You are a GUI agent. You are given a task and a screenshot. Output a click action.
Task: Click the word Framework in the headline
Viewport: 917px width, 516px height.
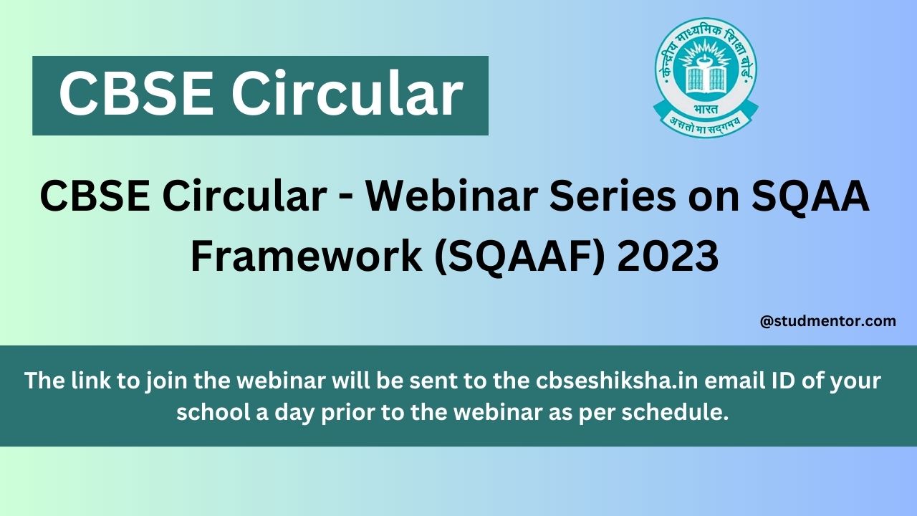[306, 256]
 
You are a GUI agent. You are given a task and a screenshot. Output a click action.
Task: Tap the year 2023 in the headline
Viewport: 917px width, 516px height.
[668, 256]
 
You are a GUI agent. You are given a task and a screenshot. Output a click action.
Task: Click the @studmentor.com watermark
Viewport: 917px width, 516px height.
[827, 321]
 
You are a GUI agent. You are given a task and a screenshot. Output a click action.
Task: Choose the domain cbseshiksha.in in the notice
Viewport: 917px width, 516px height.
[617, 380]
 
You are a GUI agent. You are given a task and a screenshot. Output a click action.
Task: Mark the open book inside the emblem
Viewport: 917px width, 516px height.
[706, 80]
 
